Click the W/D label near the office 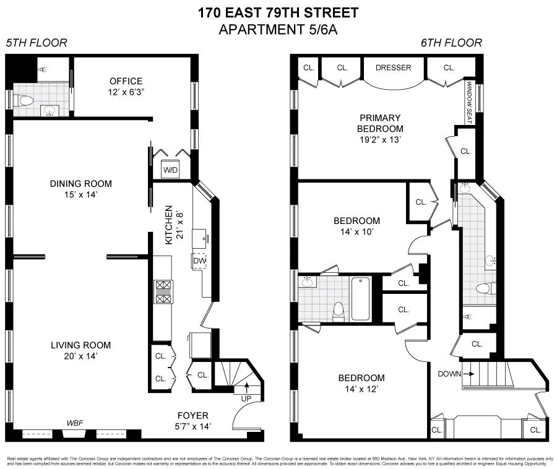(x=170, y=170)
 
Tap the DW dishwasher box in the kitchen (x=199, y=261)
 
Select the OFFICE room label (x=126, y=81)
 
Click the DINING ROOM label (x=81, y=183)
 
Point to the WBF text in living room (x=76, y=423)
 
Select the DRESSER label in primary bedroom (x=394, y=67)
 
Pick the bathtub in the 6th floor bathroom (x=360, y=299)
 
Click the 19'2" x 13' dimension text (x=379, y=140)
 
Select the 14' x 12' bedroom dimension (x=361, y=389)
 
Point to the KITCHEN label (x=168, y=226)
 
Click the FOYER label (x=192, y=415)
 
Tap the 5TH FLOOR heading (x=37, y=43)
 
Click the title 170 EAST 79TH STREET (x=277, y=12)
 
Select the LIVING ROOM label (x=81, y=345)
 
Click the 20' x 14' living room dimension (x=81, y=356)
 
